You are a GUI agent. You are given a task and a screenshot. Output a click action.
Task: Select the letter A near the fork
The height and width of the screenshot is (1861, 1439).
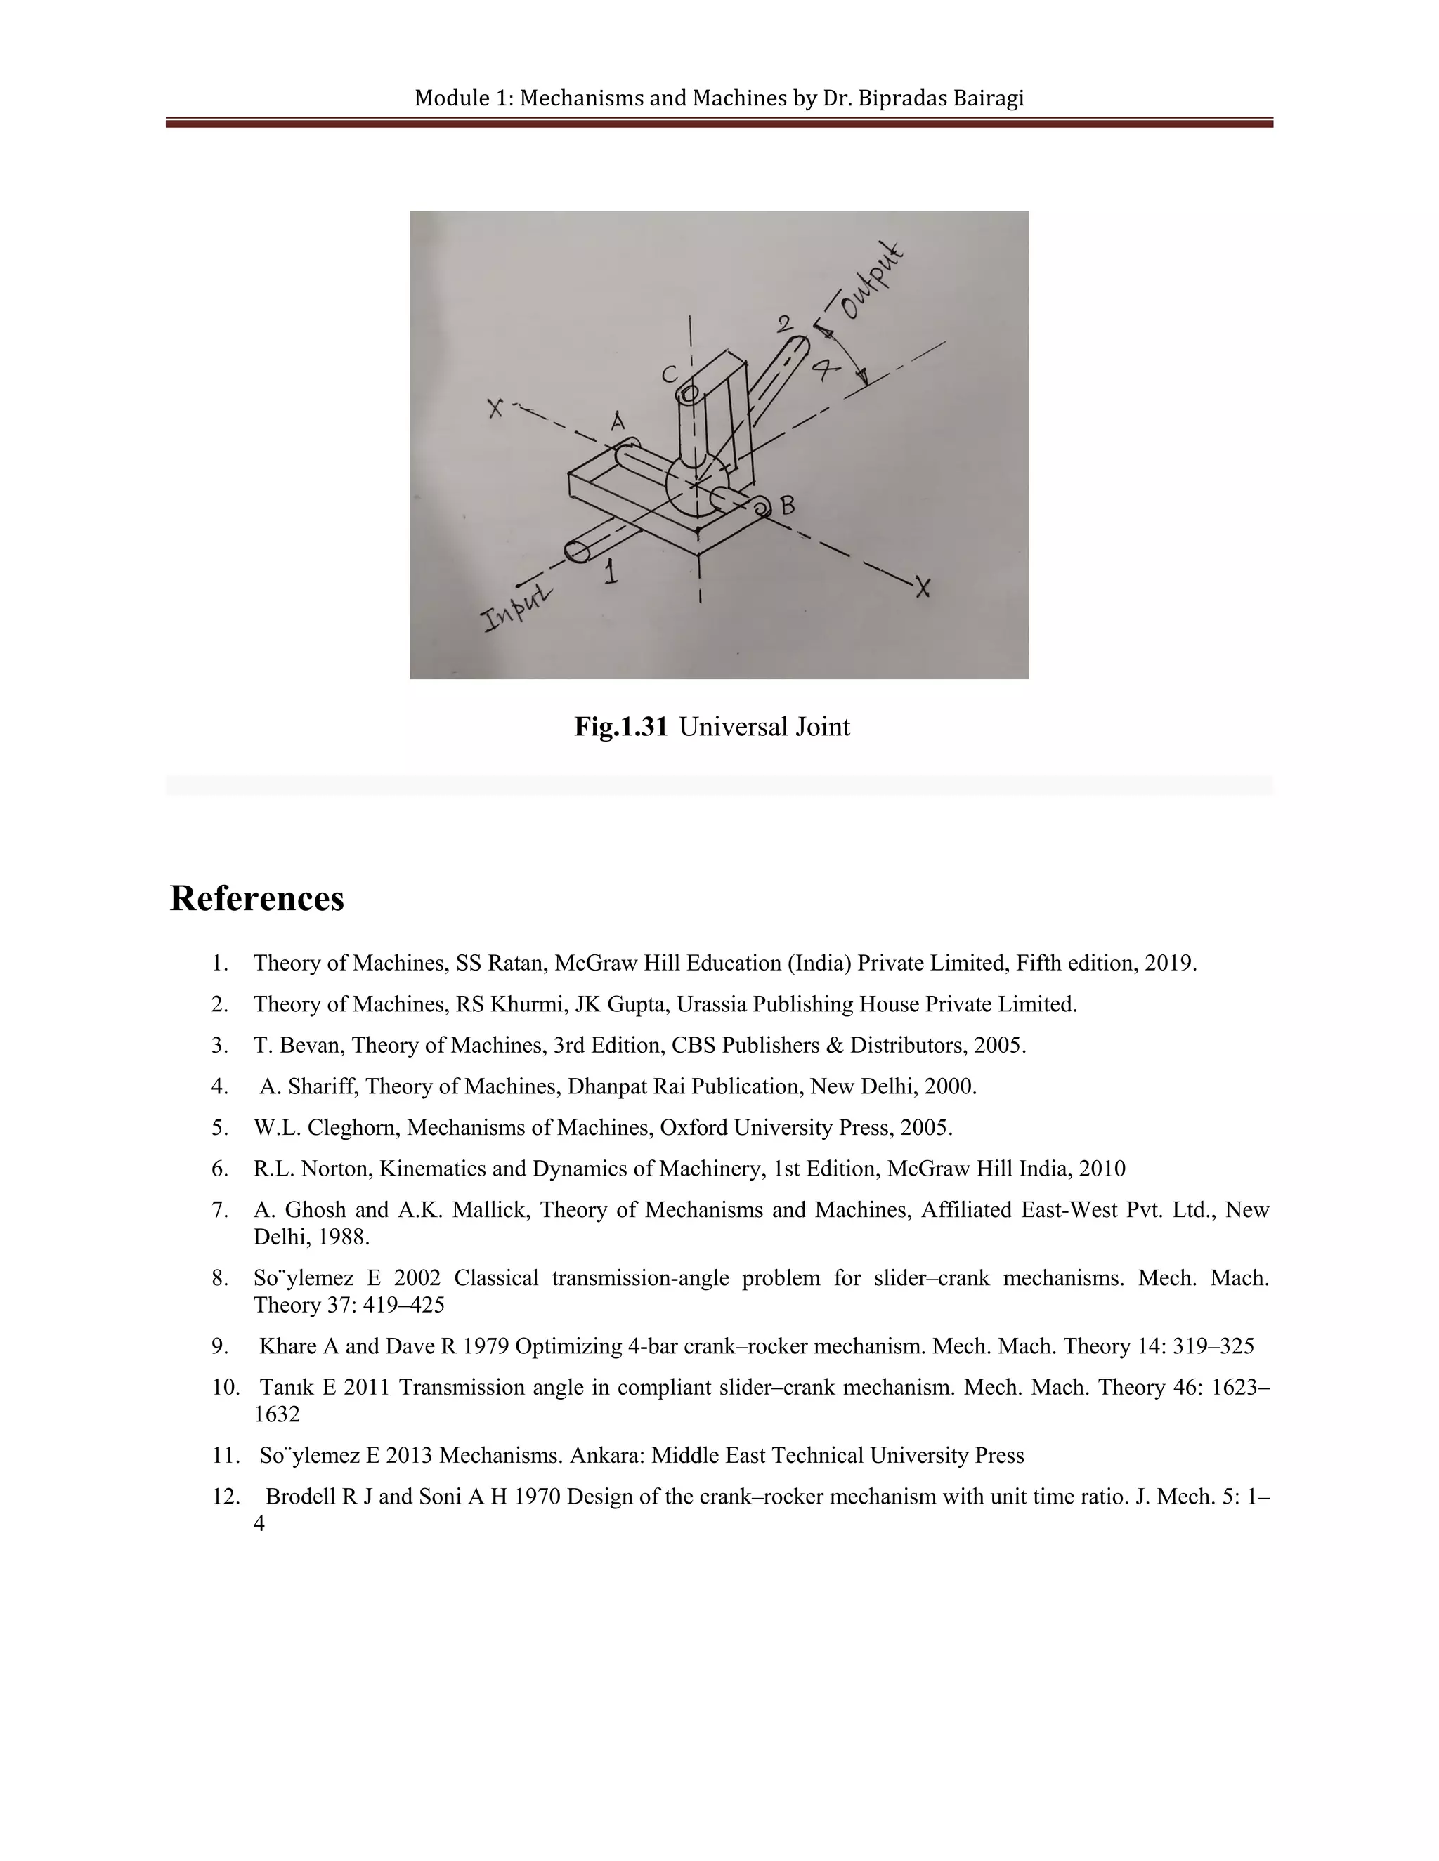point(618,421)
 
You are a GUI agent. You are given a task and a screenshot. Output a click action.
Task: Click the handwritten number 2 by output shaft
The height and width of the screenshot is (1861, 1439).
point(784,324)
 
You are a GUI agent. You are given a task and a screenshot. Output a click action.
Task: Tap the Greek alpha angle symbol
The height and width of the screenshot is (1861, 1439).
point(824,368)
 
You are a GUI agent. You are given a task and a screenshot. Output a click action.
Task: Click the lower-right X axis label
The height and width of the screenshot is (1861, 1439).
point(922,586)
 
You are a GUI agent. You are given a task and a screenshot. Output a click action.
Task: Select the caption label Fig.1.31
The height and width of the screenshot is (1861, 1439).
point(620,727)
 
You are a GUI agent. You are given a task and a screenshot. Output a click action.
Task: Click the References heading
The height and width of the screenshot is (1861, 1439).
point(256,899)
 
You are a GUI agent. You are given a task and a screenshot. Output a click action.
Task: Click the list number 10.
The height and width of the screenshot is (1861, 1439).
point(226,1387)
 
